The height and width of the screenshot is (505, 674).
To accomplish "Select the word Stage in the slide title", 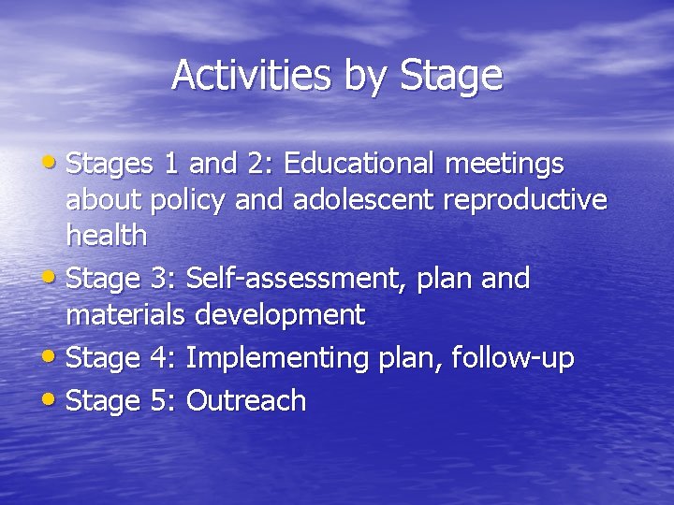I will click(451, 77).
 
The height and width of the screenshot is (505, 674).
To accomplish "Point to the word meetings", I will click(505, 164).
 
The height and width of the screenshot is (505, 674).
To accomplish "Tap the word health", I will click(107, 236).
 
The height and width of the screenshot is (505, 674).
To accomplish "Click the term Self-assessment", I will click(292, 279).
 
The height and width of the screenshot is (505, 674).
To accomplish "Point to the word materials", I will click(125, 315).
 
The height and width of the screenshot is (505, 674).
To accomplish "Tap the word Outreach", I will click(247, 400).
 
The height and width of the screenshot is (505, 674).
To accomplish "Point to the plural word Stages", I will click(110, 166).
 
